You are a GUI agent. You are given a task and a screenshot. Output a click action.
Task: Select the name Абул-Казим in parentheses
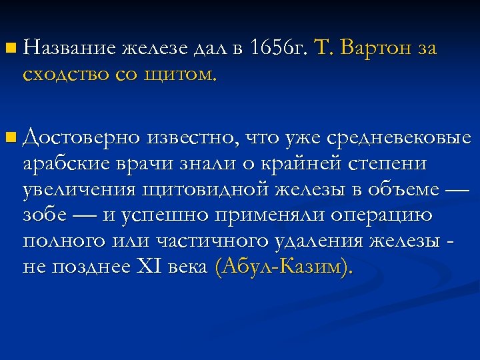point(282,267)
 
